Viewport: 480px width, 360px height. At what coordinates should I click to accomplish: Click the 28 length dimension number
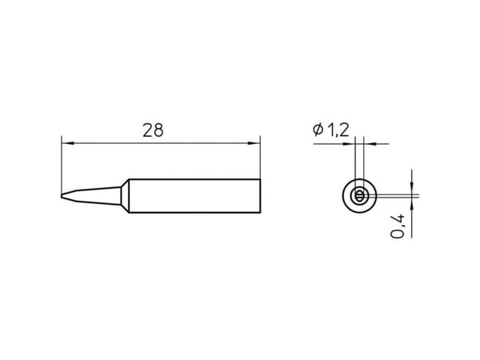[153, 130]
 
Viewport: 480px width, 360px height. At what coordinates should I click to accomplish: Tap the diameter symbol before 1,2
[318, 130]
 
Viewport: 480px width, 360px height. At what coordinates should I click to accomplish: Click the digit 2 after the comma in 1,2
[344, 130]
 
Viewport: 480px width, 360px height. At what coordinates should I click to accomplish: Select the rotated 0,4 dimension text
[398, 226]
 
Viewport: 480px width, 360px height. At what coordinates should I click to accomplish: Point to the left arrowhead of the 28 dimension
[67, 143]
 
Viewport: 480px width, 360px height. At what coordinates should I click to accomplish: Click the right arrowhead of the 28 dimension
[254, 143]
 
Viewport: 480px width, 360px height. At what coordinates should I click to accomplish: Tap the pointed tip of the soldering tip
[62, 196]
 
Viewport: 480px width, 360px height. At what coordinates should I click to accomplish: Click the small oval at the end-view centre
[359, 196]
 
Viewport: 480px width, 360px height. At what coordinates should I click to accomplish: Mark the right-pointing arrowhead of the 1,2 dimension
[349, 143]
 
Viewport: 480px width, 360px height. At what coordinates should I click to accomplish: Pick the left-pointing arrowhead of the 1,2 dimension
[370, 143]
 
